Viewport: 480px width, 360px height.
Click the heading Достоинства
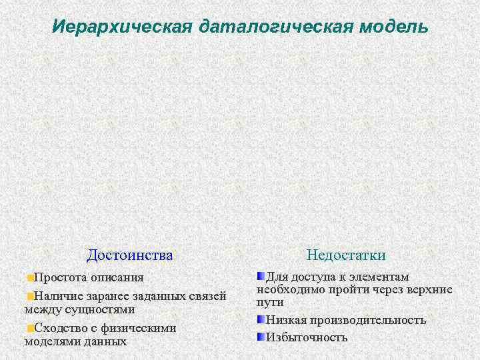(x=130, y=255)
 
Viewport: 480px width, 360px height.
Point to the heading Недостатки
(x=346, y=255)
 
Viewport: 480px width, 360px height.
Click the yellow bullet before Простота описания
(x=30, y=277)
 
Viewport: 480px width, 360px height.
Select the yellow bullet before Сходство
(x=30, y=328)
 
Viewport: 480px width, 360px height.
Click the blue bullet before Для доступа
(x=261, y=276)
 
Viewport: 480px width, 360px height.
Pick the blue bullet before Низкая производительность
(x=261, y=320)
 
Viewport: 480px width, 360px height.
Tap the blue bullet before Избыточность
(x=261, y=336)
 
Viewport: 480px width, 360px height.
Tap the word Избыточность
(x=307, y=337)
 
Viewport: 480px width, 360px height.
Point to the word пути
(x=269, y=302)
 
